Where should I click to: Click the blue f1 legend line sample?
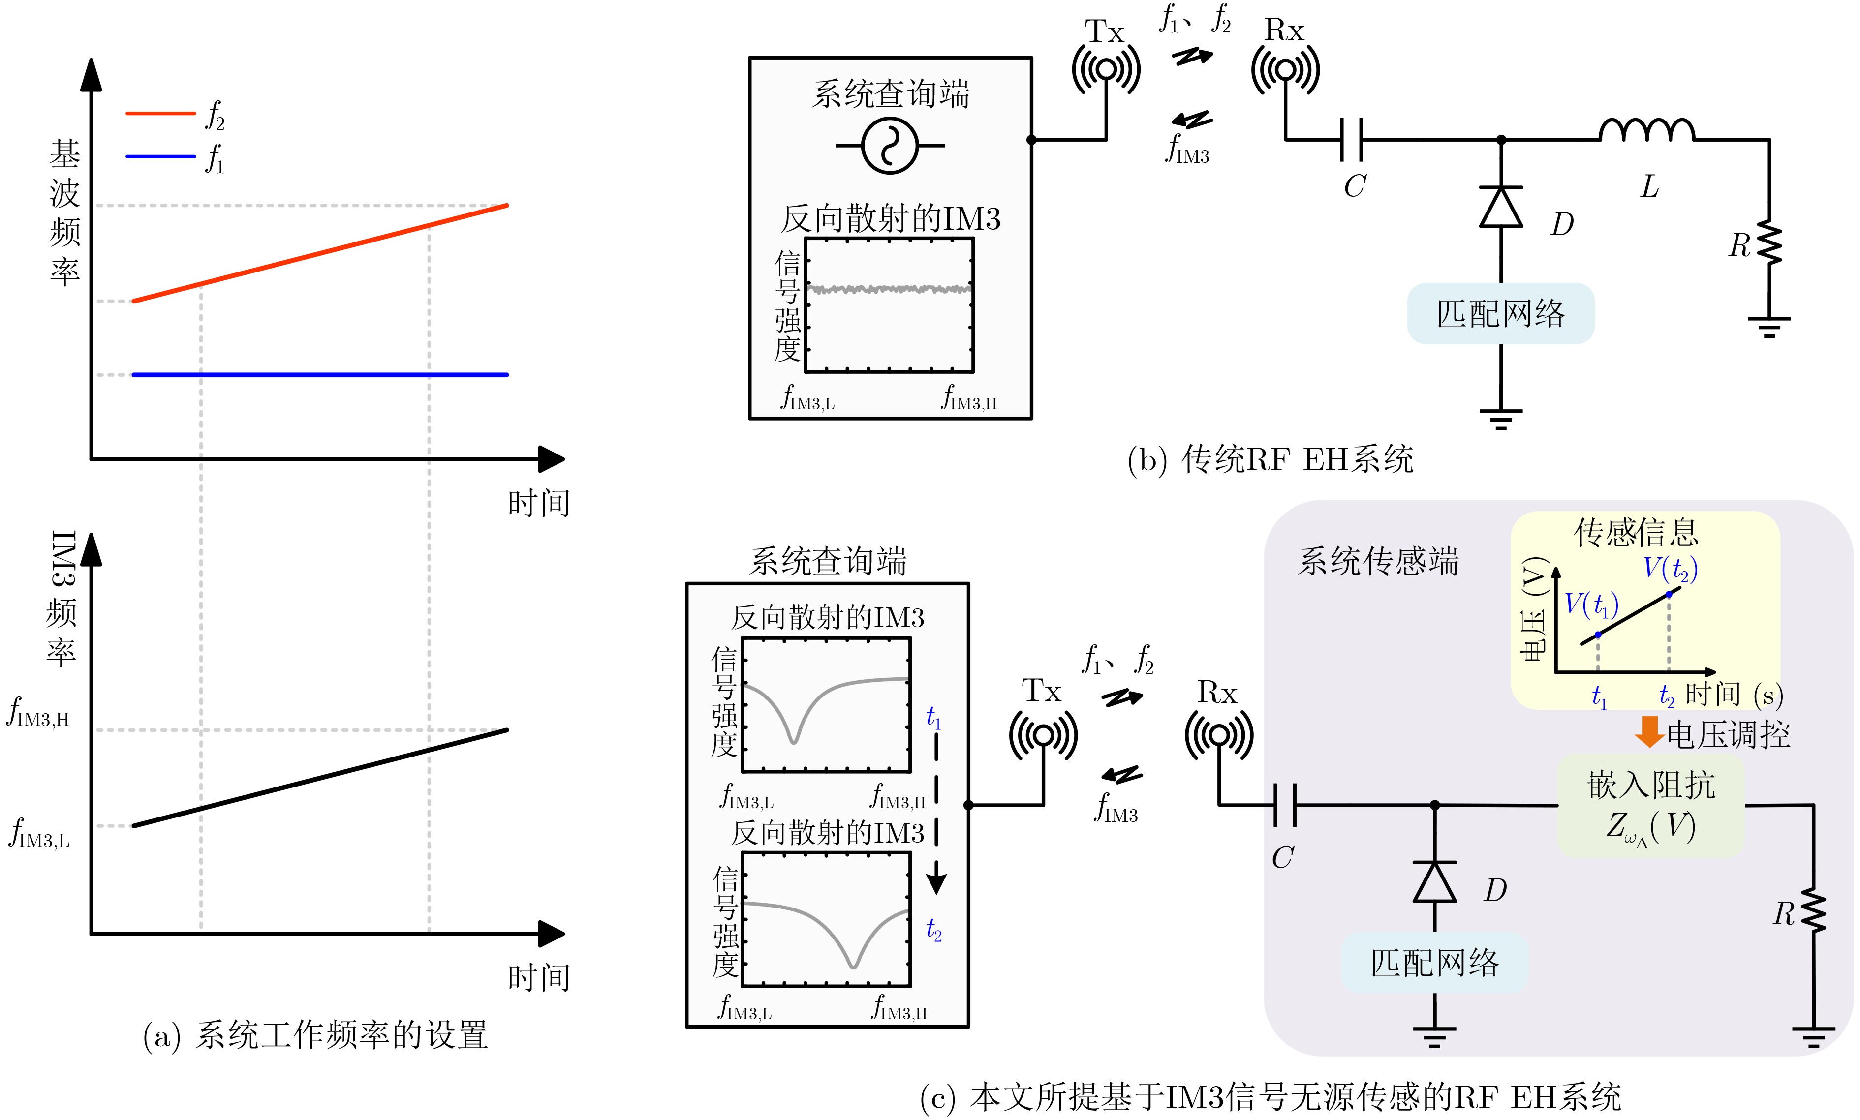160,157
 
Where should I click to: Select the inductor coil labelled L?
1646,130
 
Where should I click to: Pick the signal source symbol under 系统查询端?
890,146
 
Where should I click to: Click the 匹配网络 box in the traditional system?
1501,314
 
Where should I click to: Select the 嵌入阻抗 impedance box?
1651,805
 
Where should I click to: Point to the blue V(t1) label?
1590,605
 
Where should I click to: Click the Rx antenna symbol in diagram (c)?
1218,734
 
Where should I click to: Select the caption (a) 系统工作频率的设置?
315,1035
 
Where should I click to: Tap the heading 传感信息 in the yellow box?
1636,533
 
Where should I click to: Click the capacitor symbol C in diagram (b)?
1351,140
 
